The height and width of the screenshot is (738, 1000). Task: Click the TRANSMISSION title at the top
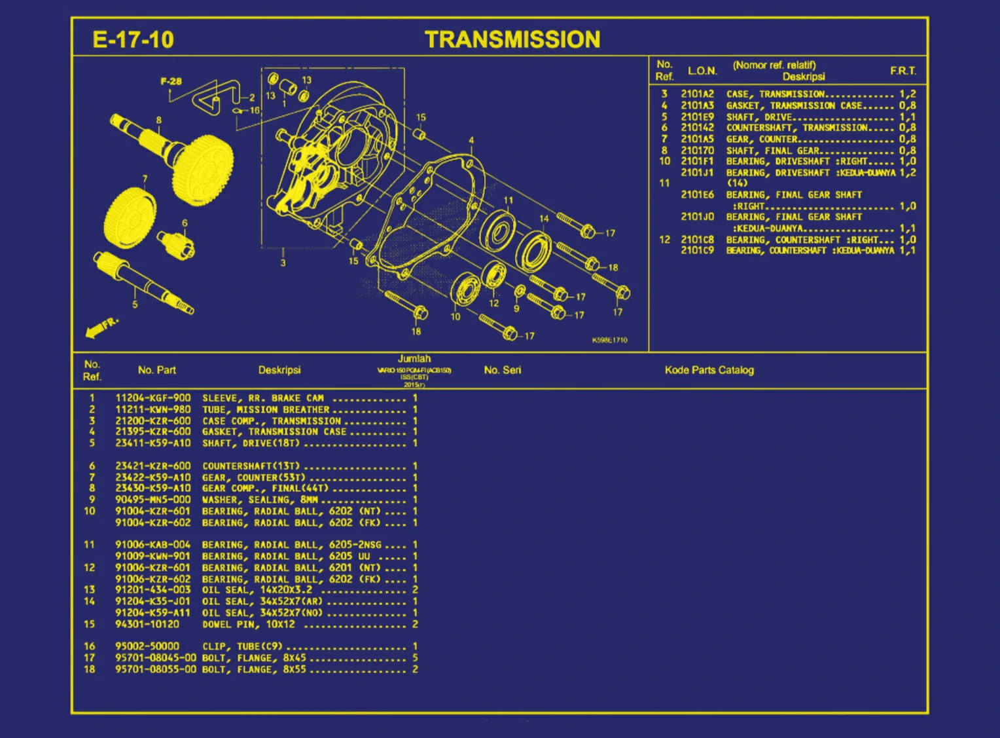[512, 39]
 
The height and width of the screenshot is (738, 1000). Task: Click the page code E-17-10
[134, 40]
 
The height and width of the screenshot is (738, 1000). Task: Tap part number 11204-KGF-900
[153, 398]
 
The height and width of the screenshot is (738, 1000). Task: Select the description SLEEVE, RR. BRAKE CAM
[263, 398]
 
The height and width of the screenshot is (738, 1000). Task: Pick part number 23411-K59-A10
[153, 443]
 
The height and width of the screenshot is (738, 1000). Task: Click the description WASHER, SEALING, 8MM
[260, 500]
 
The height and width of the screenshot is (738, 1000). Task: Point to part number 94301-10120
[147, 624]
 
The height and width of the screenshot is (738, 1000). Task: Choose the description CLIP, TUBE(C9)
[242, 646]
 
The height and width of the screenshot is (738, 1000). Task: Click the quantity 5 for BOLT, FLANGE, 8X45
[415, 657]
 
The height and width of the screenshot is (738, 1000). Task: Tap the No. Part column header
[157, 370]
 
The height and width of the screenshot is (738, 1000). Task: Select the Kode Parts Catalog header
[709, 370]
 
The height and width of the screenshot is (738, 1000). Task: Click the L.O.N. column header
[702, 71]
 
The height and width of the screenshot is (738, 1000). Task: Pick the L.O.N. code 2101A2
[697, 94]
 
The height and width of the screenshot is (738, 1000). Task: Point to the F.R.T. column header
[902, 71]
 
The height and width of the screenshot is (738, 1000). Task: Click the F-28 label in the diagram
[171, 81]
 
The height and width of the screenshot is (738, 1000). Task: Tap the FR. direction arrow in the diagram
[101, 327]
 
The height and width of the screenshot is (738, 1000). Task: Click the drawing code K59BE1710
[609, 340]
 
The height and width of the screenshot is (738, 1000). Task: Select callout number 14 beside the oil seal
[544, 219]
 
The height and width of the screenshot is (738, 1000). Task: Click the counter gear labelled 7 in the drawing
[130, 218]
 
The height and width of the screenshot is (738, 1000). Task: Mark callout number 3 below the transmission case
[283, 263]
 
